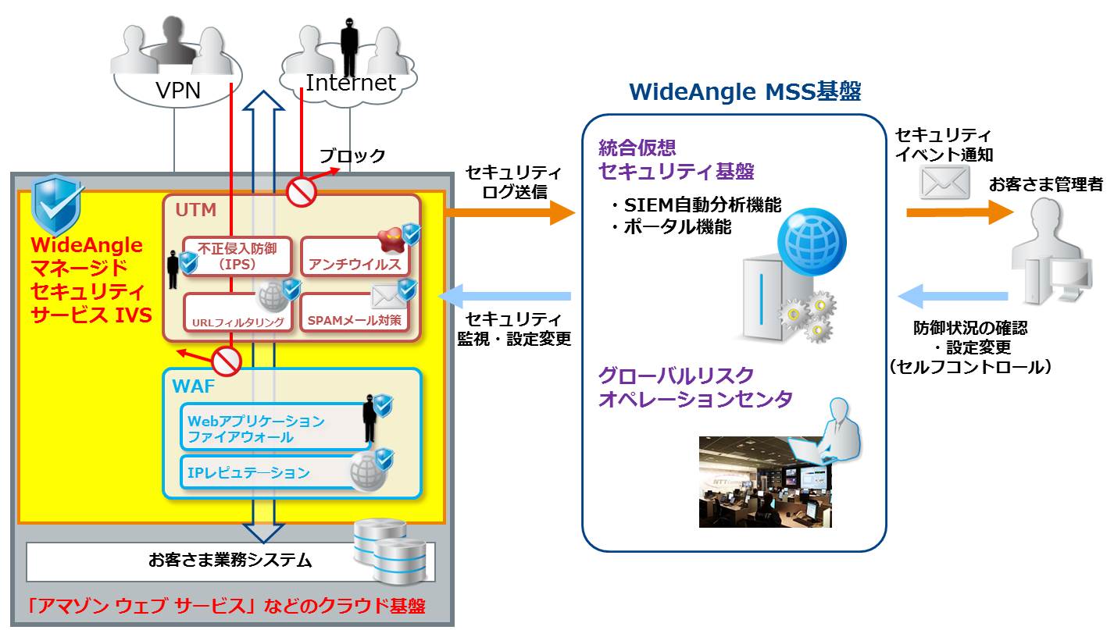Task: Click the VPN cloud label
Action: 178,91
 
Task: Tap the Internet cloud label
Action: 351,83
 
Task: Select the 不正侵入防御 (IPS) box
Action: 237,256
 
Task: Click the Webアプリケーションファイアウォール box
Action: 276,427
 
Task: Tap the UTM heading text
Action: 196,210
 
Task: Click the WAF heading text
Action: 194,386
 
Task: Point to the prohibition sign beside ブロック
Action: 302,192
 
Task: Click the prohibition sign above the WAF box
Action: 227,361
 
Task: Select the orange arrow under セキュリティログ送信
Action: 509,212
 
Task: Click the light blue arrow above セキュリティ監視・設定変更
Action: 505,296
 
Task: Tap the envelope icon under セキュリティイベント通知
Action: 944,182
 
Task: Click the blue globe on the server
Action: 812,242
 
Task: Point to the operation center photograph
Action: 765,482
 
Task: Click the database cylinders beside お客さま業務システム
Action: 390,551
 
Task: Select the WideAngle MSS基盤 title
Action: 745,92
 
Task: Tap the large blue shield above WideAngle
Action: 56,205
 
